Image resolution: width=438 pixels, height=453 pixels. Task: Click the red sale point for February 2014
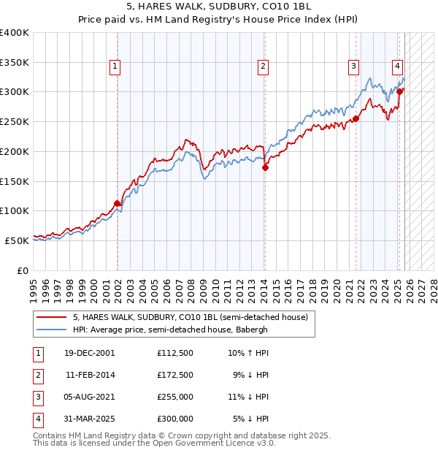[x=265, y=167]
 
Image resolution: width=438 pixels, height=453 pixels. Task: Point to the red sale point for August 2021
[x=356, y=118]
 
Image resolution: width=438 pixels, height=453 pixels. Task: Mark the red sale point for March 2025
[x=400, y=91]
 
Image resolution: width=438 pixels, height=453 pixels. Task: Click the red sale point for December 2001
[x=117, y=203]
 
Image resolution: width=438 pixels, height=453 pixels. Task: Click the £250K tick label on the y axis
[x=14, y=121]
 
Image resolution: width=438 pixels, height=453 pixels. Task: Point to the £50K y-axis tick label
[x=16, y=240]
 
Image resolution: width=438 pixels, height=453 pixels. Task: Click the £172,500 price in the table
[x=174, y=375]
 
